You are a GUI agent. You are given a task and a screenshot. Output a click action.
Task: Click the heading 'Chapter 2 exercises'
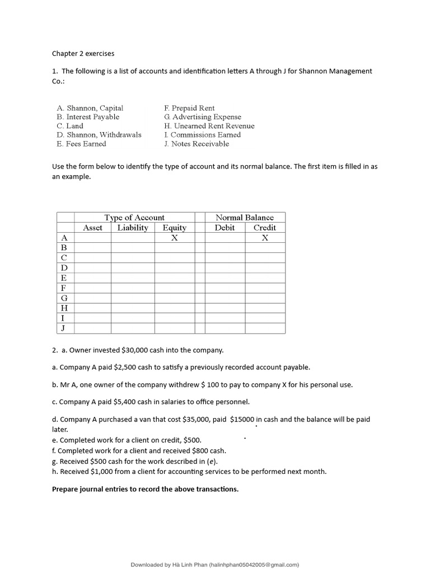83,54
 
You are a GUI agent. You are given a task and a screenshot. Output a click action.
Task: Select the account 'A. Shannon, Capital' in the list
90,108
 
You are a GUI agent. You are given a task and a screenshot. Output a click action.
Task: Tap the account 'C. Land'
70,126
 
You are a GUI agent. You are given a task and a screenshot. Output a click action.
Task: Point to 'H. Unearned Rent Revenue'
209,126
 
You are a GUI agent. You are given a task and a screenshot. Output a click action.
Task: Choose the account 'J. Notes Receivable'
197,144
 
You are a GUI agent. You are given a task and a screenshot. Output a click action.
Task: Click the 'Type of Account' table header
134,217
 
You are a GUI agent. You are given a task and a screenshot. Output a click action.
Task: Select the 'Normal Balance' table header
245,217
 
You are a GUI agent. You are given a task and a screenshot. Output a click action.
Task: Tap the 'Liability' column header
133,227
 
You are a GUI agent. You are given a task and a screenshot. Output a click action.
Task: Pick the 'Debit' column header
225,227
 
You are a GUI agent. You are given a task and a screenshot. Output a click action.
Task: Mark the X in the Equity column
174,237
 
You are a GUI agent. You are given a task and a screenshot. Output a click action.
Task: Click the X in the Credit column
265,237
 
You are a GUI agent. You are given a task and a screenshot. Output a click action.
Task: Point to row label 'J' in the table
64,328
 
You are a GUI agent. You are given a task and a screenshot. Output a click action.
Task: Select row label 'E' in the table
64,278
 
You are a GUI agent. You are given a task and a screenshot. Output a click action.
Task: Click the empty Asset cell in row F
92,288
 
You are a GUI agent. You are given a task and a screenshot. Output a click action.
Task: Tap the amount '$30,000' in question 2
137,350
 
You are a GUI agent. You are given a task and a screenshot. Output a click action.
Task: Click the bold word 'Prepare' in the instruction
66,489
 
